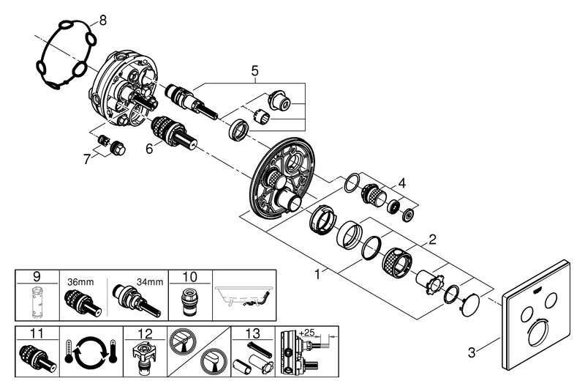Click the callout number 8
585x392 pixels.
[102, 20]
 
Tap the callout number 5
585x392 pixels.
[254, 71]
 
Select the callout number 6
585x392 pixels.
[148, 148]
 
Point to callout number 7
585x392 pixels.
[87, 158]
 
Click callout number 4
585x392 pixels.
[401, 183]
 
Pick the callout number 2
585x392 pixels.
[432, 238]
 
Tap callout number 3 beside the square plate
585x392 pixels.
[472, 352]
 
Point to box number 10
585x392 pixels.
[190, 277]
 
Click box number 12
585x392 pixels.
[145, 333]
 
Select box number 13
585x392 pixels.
[253, 333]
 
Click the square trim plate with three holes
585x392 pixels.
[537, 308]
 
